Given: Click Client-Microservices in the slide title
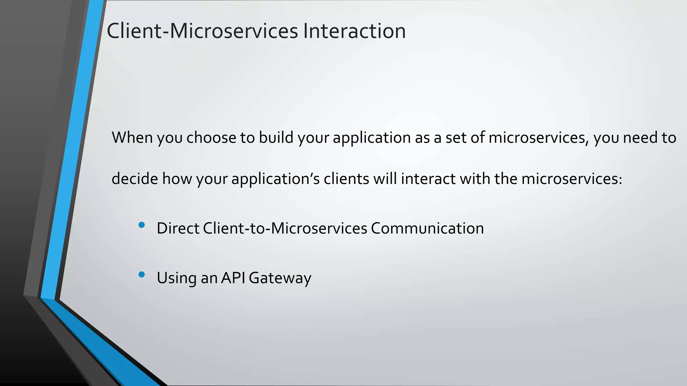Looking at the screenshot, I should coord(202,31).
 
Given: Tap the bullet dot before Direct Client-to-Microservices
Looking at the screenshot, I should coord(142,225).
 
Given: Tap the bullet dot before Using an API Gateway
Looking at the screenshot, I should coord(142,275).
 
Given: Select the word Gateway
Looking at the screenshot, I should coord(280,278).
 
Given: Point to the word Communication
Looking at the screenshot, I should coord(427,229).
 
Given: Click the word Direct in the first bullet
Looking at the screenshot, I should coord(178,229).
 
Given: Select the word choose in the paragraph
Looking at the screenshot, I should coord(211,138).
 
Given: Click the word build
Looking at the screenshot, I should coord(276,138).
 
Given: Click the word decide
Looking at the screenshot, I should coord(135,179).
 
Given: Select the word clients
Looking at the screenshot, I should coord(346,179).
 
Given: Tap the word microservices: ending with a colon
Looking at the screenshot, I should coord(572,179).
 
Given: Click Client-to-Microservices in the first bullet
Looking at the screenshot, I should coord(285,229).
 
